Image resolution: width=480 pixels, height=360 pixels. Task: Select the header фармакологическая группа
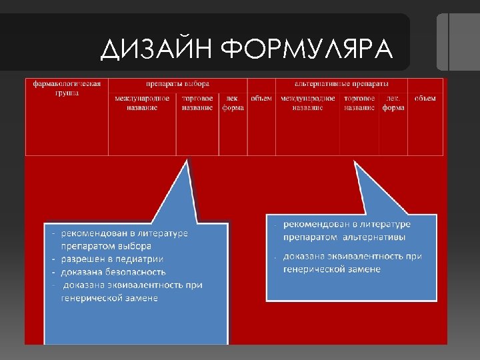67,88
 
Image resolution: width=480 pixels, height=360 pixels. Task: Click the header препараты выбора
178,84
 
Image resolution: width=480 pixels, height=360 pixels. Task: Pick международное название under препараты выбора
142,103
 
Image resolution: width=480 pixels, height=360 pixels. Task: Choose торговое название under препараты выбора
197,103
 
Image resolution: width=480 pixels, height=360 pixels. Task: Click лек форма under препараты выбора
233,103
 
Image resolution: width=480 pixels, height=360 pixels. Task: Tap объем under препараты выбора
261,99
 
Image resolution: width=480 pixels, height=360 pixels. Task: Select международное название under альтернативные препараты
308,103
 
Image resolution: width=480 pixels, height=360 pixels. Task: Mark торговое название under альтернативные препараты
359,103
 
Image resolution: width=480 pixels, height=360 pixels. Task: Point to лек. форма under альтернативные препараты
393,103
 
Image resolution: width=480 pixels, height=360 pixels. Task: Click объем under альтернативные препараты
425,99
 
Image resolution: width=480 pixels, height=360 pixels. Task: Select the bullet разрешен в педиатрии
112,259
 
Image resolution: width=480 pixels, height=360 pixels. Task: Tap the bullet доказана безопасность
113,272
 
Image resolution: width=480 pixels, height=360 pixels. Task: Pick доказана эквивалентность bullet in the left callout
133,285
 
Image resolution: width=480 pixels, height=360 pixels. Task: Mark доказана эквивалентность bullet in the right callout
352,257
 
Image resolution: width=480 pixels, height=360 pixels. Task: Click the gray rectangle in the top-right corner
457,41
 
